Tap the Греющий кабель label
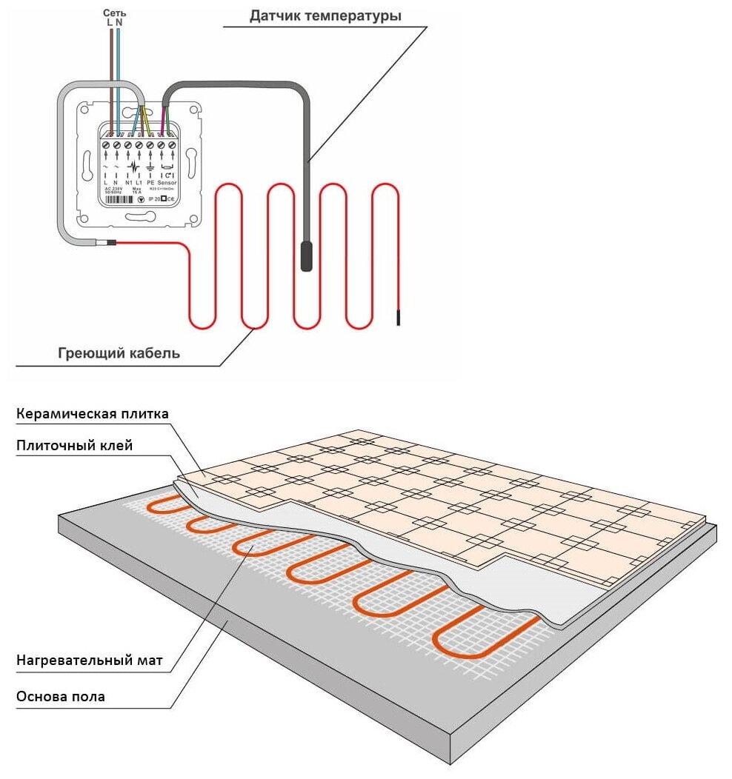119,353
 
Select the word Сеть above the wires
114,13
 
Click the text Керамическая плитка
93,412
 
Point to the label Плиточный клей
73,445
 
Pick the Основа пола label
60,696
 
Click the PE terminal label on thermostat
150,181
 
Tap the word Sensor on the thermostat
167,181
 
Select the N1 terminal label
128,181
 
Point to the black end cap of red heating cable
399,318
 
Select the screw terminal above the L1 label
139,146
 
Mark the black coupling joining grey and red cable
110,242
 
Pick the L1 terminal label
139,181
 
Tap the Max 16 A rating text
136,190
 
